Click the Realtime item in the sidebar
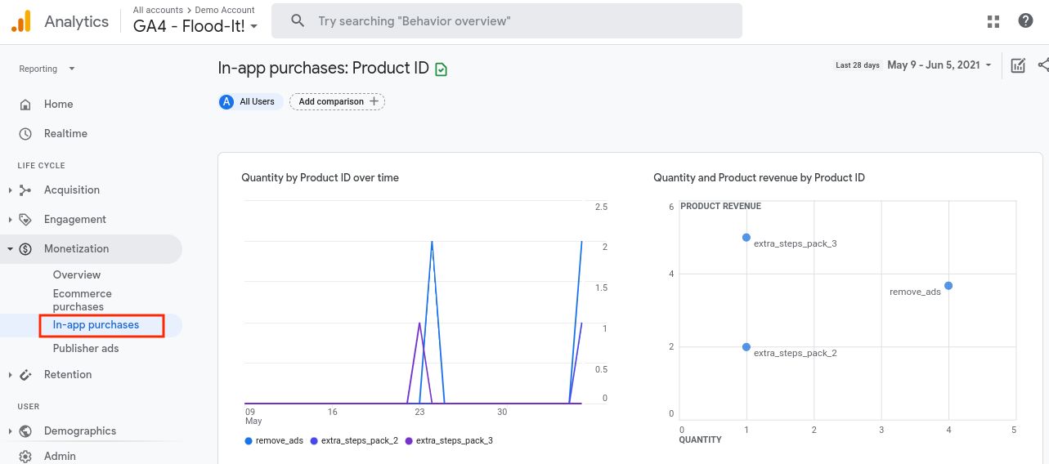65,133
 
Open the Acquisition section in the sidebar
72,190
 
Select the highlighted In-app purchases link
96,325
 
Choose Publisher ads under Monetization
86,348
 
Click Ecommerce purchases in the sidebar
82,300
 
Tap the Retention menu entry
68,374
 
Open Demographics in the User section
80,431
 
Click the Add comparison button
337,101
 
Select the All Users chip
250,101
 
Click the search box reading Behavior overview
507,20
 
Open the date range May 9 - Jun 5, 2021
939,65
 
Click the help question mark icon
1025,21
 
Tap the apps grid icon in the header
993,21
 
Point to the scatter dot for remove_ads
948,286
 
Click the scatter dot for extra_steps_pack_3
746,238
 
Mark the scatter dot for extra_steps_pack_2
746,347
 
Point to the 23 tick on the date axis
419,412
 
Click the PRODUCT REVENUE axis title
720,207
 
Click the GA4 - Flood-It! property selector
195,25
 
